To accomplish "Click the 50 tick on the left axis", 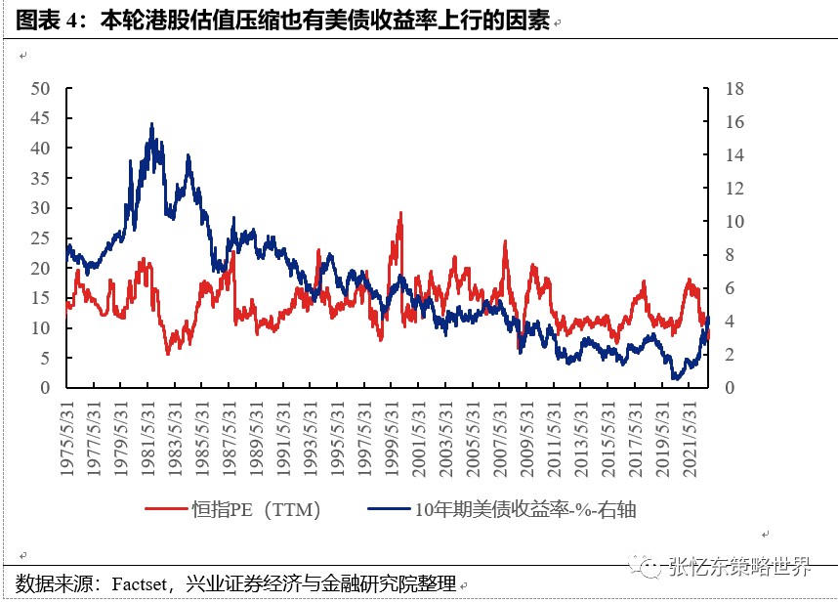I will (x=40, y=89).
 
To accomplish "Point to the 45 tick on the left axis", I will (x=40, y=119).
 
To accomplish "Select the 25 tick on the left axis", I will (x=40, y=238).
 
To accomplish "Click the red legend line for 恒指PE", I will (x=166, y=509).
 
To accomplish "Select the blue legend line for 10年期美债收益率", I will (x=389, y=509).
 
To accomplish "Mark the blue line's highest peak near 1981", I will (x=151, y=124).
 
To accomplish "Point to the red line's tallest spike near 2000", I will (x=400, y=213).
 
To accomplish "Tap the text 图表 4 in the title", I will (x=49, y=20).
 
